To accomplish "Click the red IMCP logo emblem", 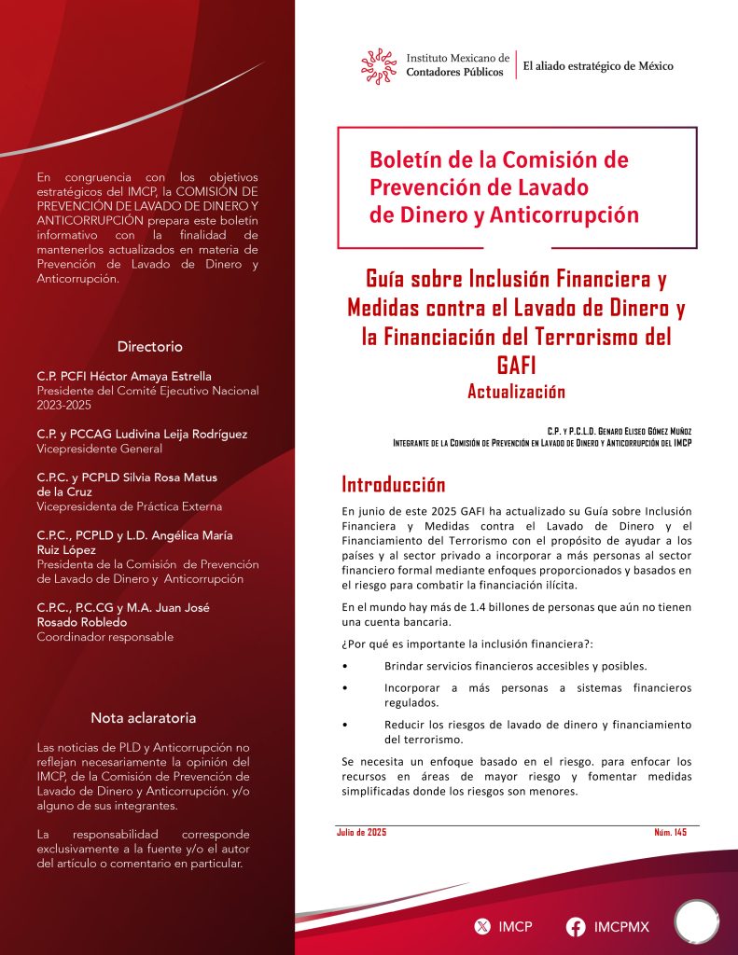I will point(380,65).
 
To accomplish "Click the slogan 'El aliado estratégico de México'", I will point(597,65).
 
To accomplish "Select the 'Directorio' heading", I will point(149,346).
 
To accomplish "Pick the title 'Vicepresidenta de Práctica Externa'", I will point(129,506).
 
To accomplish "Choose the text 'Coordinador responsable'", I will point(104,637).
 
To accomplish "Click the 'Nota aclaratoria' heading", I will point(144,718).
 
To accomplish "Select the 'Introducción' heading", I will point(394,485).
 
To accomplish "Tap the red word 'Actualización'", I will point(516,392).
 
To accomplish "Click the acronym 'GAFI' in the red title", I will point(516,365).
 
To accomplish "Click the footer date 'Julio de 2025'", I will point(361,832).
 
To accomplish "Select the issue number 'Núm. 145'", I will point(670,832).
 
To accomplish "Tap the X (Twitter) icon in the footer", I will point(482,926).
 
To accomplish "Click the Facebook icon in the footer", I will point(576,926).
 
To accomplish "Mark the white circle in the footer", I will point(696,922).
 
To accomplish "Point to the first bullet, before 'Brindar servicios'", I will point(346,666).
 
